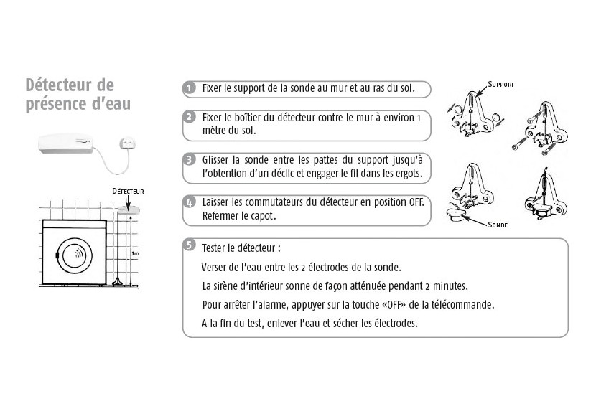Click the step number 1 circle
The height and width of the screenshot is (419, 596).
pos(189,88)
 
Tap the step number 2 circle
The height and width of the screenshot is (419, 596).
pos(189,117)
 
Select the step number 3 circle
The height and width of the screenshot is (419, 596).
pos(189,159)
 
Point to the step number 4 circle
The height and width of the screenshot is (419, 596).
pos(189,202)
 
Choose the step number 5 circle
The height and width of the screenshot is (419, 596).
pos(189,245)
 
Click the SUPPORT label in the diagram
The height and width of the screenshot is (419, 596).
pos(500,84)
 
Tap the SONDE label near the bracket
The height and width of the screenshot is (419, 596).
pos(497,225)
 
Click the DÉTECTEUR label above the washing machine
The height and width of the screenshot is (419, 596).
pos(128,192)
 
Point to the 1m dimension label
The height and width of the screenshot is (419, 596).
pos(135,253)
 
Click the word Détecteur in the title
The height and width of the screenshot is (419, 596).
pos(60,86)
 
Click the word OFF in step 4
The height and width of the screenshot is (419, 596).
pos(416,202)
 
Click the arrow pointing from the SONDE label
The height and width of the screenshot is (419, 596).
pos(475,220)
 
